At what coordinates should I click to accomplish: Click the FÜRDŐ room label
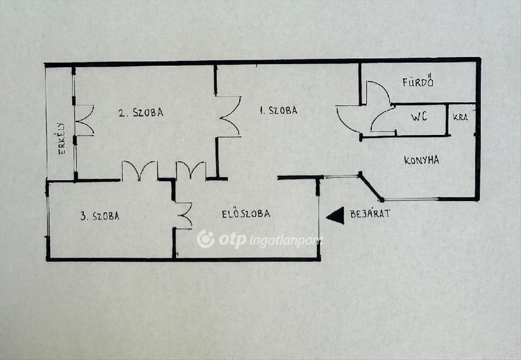click(x=418, y=82)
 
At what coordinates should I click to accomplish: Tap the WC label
click(x=419, y=116)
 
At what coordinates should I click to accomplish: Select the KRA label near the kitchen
click(x=460, y=117)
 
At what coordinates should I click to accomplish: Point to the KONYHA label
click(x=421, y=160)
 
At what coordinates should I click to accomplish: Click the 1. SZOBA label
click(x=278, y=110)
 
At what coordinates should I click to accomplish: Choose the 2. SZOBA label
click(x=141, y=112)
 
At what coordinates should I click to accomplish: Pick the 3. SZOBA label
click(x=99, y=216)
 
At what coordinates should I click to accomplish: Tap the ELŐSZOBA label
click(x=246, y=214)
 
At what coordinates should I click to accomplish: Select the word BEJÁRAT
click(x=370, y=213)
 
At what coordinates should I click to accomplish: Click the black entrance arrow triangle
click(x=336, y=215)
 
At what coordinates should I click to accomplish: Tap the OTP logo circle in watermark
click(x=205, y=239)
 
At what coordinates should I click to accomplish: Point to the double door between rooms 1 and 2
click(x=229, y=116)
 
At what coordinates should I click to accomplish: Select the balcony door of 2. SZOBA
click(x=84, y=120)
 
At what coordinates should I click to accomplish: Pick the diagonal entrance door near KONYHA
click(x=371, y=187)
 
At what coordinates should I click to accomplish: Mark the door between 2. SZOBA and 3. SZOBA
click(x=139, y=171)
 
